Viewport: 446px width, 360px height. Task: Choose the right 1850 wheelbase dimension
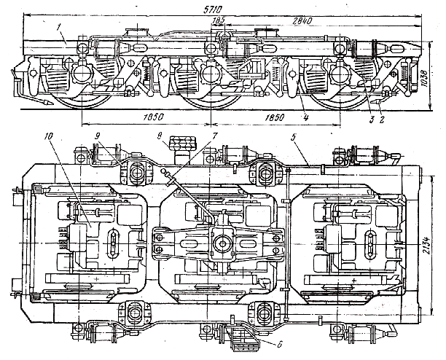(x=275, y=117)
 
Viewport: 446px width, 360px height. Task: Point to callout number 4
(x=306, y=117)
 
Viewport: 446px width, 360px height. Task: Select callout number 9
(x=96, y=136)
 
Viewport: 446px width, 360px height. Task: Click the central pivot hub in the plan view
(x=221, y=241)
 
